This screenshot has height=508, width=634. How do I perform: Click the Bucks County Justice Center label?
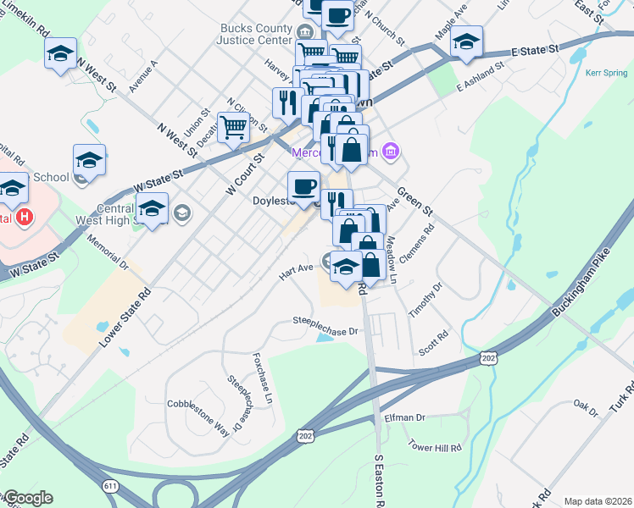point(253,34)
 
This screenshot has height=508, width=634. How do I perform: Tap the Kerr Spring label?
point(606,73)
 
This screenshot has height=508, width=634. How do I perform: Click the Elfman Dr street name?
point(404,417)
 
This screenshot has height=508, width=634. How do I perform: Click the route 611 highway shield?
point(110,485)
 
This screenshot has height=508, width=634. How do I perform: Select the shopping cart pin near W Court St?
point(233,128)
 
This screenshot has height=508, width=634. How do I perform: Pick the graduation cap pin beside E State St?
point(466,42)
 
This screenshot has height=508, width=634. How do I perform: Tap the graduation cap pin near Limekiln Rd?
point(61,52)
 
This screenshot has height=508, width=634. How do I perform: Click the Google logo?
point(27,498)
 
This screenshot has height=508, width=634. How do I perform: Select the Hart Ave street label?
point(297,272)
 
